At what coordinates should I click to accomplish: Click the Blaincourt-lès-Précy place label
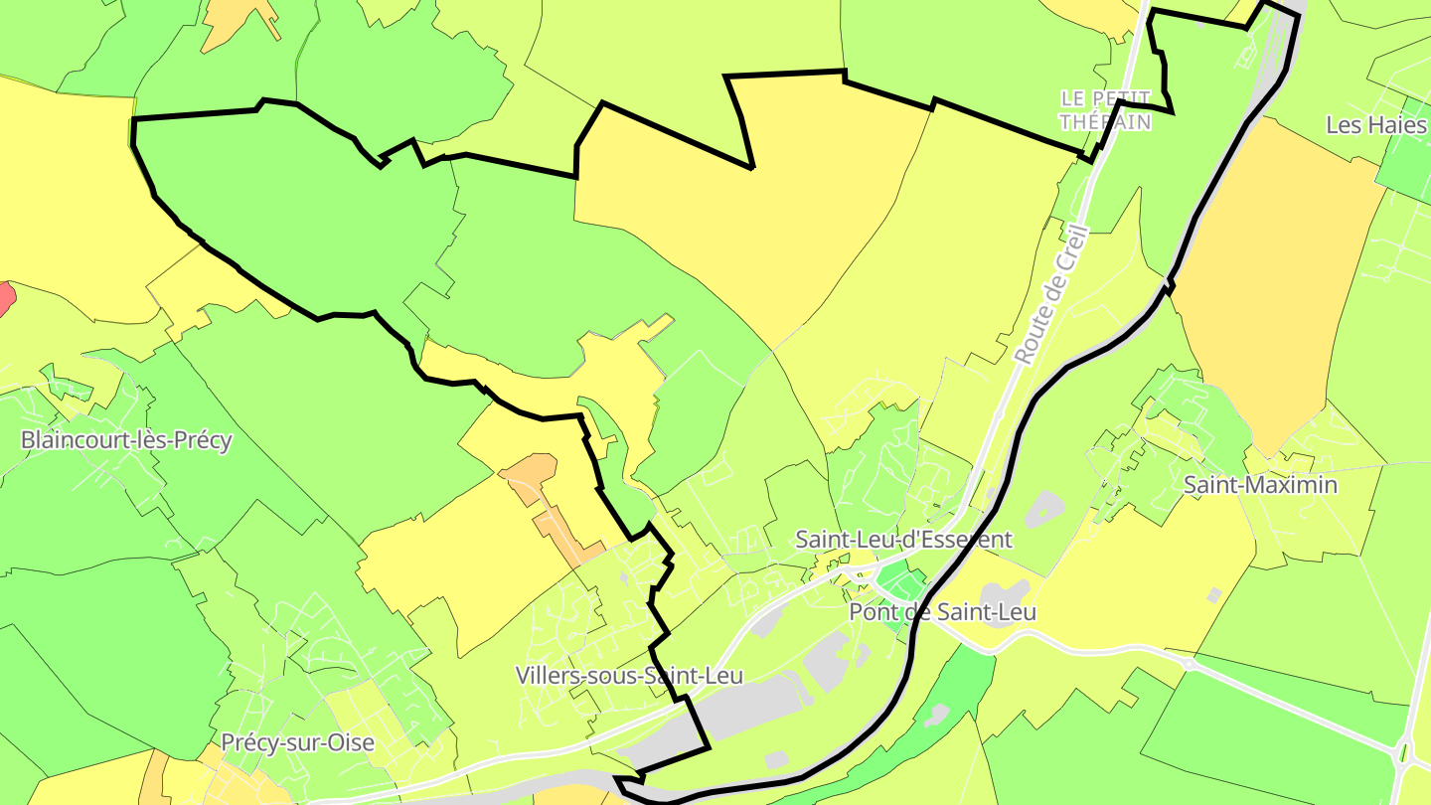126,440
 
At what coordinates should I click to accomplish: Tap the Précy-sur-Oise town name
297,742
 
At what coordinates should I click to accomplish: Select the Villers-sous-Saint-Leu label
629,676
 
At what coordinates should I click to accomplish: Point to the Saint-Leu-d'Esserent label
903,540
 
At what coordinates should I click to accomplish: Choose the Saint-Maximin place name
1260,485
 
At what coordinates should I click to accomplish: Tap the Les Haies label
1377,125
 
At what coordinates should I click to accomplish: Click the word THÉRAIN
1105,122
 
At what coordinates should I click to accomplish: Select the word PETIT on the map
1120,98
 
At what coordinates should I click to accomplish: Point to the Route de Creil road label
1051,293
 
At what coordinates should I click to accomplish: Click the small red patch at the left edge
5,298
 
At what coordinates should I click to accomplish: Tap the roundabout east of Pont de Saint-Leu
1189,663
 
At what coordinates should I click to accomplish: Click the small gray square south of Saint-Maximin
1213,595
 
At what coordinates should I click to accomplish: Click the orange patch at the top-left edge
238,20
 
